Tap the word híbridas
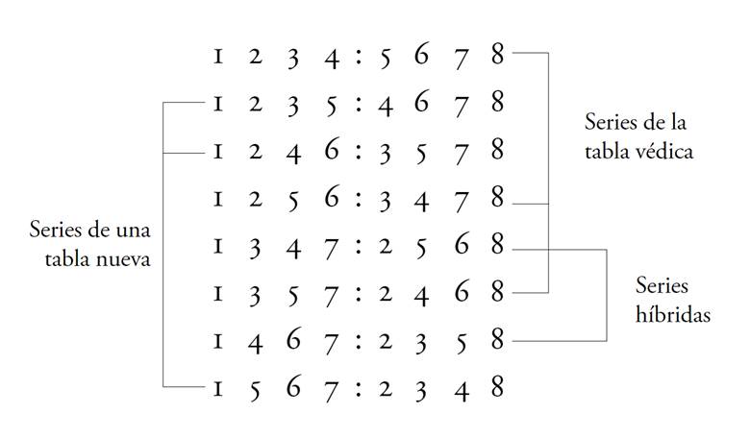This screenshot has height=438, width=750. (673, 314)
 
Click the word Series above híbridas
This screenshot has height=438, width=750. (663, 286)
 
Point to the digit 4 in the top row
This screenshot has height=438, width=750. (332, 57)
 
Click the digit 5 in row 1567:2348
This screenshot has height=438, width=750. (255, 390)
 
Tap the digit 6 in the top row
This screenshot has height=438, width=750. (422, 56)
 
